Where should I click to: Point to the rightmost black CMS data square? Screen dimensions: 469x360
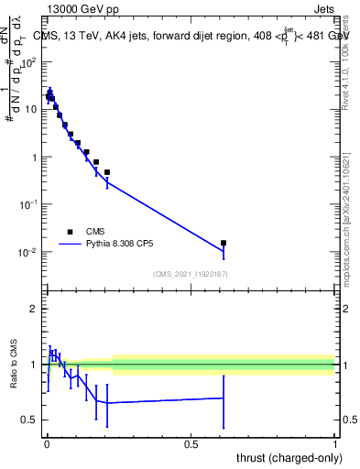224,244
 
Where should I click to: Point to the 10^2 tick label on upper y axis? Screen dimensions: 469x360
28,62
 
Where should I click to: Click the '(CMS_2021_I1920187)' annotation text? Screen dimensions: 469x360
190,273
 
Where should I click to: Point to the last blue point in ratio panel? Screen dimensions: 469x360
224,398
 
